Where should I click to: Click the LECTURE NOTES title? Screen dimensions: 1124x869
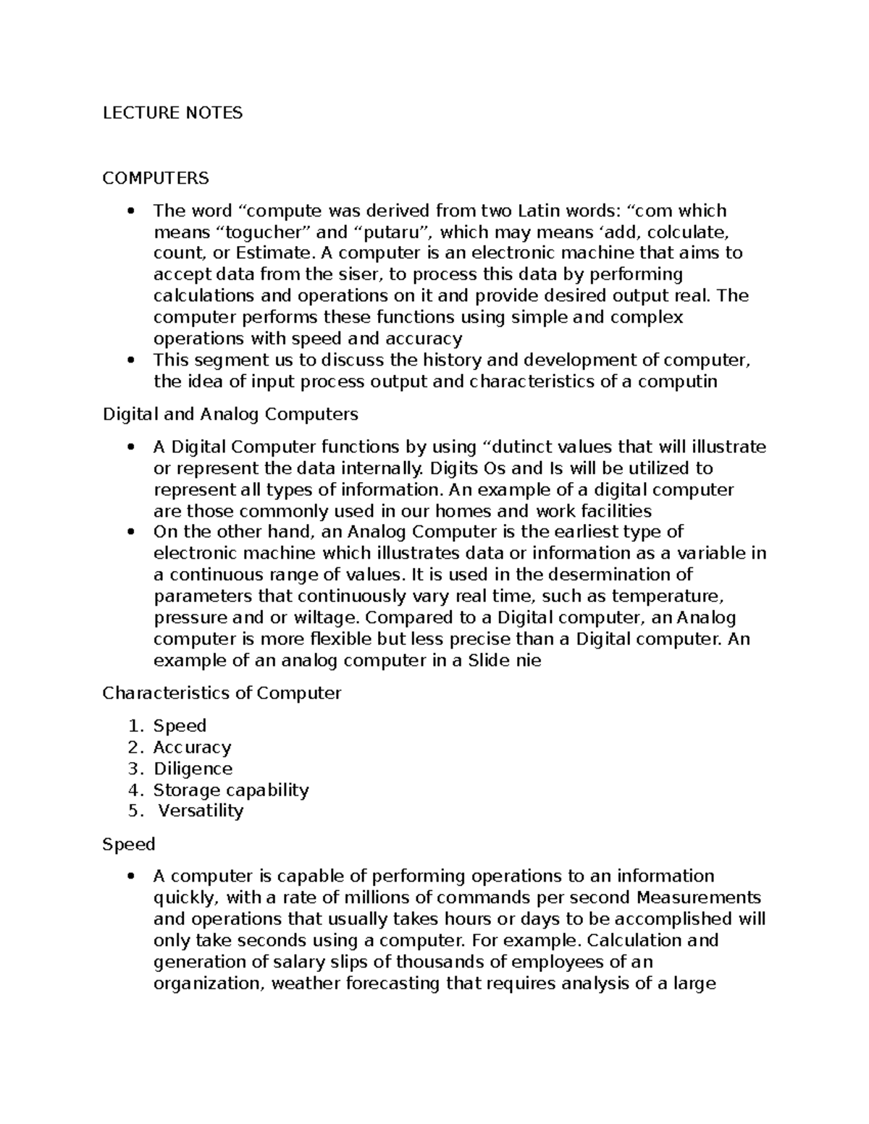point(172,113)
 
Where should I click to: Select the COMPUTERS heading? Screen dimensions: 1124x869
point(156,177)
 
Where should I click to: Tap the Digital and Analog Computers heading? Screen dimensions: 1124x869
point(230,414)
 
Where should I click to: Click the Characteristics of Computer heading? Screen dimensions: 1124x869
point(222,693)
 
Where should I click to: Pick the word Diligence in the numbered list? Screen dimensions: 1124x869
point(193,768)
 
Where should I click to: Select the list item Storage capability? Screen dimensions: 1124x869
point(231,790)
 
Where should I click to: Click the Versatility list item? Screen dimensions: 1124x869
point(201,811)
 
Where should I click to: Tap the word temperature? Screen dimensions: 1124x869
point(667,596)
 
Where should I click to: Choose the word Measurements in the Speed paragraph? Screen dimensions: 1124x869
point(699,897)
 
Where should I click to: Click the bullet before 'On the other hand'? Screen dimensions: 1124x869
point(130,532)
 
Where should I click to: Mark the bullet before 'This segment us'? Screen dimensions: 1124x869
point(130,360)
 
